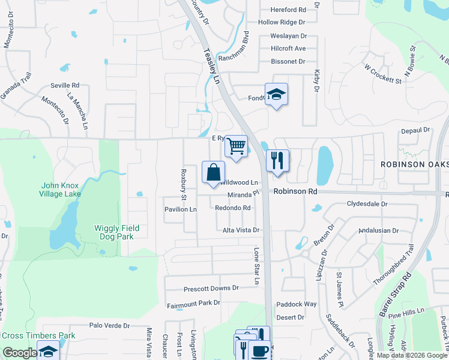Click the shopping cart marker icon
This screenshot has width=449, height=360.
pyautogui.click(x=237, y=146)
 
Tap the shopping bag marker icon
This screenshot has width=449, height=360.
pyautogui.click(x=213, y=172)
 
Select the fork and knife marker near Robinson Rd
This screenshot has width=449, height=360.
pyautogui.click(x=277, y=160)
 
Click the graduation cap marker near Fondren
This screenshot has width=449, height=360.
pyautogui.click(x=276, y=94)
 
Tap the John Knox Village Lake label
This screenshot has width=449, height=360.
pyautogui.click(x=61, y=190)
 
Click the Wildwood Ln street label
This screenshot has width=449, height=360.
pyautogui.click(x=239, y=182)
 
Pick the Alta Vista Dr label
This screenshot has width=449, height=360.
pyautogui.click(x=241, y=230)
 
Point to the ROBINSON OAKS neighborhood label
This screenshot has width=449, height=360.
pyautogui.click(x=415, y=164)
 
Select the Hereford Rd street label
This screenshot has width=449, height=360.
pyautogui.click(x=288, y=10)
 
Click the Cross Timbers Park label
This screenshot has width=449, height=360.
pyautogui.click(x=38, y=335)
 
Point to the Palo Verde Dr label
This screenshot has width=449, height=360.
pyautogui.click(x=109, y=326)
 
